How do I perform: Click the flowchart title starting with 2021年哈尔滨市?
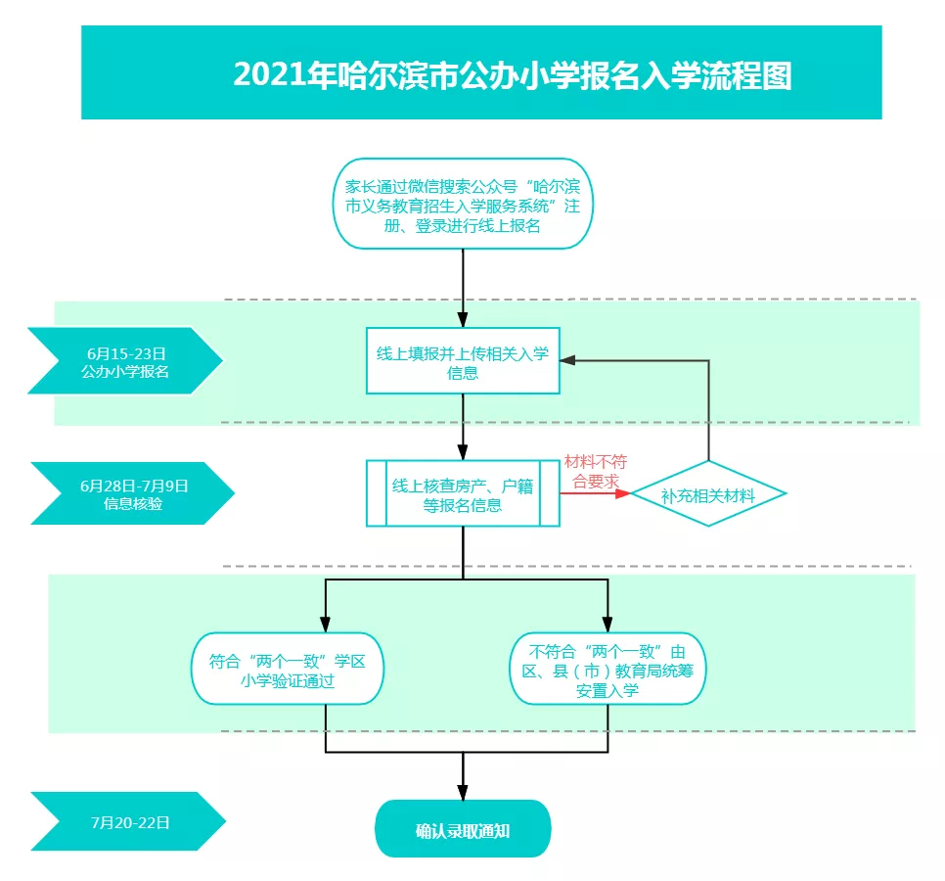513,75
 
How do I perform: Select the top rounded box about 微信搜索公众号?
463,204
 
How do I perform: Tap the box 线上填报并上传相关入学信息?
463,361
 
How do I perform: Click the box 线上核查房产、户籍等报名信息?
463,493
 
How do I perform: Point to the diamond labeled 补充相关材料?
708,494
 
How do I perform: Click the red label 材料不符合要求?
596,472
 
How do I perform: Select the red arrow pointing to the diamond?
595,493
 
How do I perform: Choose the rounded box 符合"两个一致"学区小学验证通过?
288,669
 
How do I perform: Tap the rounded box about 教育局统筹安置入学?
607,669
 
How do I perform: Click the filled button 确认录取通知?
463,829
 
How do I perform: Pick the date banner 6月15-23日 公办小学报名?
125,361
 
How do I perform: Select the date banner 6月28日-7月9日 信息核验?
133,493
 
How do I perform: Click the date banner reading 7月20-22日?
128,822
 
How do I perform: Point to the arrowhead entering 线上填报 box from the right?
567,360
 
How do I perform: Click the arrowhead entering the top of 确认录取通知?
463,792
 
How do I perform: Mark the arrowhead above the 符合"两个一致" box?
326,625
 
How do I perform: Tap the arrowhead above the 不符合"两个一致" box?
607,625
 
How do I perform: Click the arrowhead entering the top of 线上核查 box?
463,452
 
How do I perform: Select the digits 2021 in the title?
269,75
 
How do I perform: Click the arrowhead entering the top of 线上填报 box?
463,319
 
